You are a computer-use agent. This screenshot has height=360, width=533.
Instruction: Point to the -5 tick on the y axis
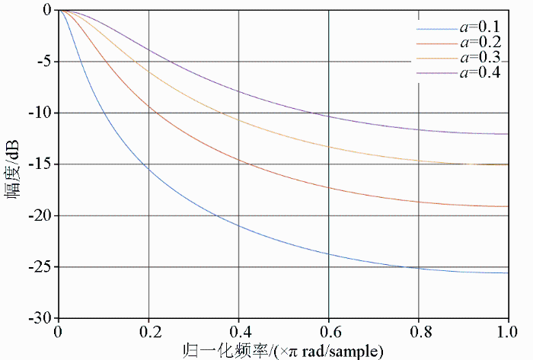pyautogui.click(x=43, y=62)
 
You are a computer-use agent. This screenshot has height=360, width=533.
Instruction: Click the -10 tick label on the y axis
pyautogui.click(x=40, y=113)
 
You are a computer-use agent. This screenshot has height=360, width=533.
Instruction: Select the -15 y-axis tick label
pyautogui.click(x=40, y=164)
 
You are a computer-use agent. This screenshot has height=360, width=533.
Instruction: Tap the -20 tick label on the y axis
pyautogui.click(x=40, y=215)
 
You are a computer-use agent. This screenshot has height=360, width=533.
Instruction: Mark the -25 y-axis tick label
pyautogui.click(x=40, y=267)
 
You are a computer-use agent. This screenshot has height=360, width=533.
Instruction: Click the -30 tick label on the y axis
pyautogui.click(x=40, y=317)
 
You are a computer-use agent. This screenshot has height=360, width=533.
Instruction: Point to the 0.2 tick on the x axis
pyautogui.click(x=148, y=332)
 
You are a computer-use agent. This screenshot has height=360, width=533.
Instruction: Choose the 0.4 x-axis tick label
pyautogui.click(x=238, y=332)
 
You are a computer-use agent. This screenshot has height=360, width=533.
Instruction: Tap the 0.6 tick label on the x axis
pyautogui.click(x=328, y=332)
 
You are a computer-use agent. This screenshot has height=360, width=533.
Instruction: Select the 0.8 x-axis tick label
pyautogui.click(x=418, y=332)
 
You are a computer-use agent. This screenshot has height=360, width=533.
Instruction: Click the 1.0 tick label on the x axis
pyautogui.click(x=507, y=332)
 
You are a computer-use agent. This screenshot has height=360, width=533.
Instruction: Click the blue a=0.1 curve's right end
pyautogui.click(x=507, y=272)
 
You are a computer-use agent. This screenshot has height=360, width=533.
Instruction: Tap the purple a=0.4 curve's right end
pyautogui.click(x=507, y=134)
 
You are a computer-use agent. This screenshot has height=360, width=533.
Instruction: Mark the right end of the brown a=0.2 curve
pyautogui.click(x=507, y=206)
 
